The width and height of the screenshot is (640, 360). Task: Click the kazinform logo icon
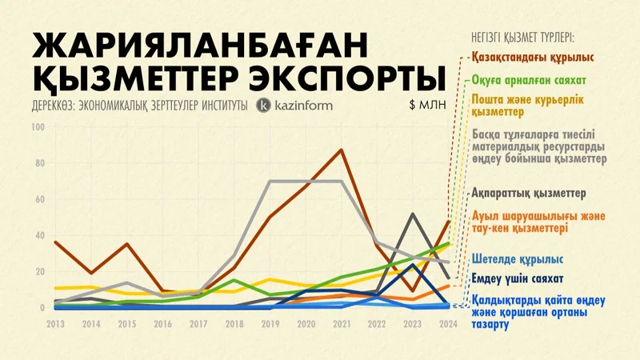pyautogui.click(x=264, y=105)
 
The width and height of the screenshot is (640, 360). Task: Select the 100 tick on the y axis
pyautogui.click(x=38, y=127)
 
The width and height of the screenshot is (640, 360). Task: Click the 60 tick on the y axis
pyautogui.click(x=39, y=199)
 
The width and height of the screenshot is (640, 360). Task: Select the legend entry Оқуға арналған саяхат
pyautogui.click(x=529, y=81)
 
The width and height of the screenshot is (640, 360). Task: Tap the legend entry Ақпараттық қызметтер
pyautogui.click(x=530, y=194)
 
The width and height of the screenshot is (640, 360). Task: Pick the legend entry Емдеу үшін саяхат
pyautogui.click(x=523, y=279)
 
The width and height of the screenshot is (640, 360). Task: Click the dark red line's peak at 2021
pyautogui.click(x=342, y=150)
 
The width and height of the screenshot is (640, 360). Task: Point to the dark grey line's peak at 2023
pyautogui.click(x=412, y=214)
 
